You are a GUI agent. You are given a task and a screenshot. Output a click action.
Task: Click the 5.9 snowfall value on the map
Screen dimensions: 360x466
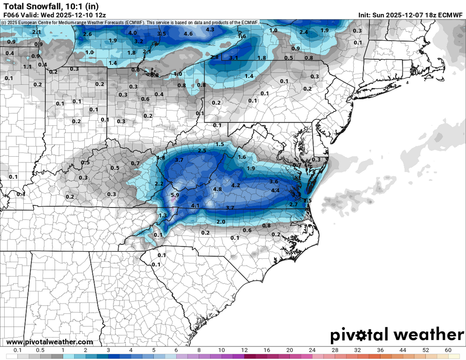tap(175, 195)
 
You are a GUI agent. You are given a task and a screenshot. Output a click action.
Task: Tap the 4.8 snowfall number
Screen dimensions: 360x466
tap(217, 189)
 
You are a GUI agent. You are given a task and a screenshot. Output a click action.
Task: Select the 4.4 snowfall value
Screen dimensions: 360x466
tap(275, 190)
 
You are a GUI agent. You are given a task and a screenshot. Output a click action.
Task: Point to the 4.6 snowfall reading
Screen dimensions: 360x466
tap(188, 34)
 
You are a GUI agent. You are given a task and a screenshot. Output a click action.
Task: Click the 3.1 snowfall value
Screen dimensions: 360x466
tap(234, 58)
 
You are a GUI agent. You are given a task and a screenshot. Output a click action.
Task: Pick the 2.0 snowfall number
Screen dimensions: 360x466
tap(221, 222)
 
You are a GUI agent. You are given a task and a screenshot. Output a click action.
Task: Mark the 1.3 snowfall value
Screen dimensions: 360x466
tap(163, 215)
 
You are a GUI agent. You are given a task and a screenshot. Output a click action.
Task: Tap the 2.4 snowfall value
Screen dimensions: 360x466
tap(304, 32)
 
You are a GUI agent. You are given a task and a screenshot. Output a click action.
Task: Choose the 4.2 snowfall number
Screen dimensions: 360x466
tap(236, 185)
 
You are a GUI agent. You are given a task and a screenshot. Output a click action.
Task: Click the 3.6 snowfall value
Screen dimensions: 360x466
tap(274, 181)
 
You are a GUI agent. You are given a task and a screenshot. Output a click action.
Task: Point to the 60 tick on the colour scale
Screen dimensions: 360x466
tap(448, 350)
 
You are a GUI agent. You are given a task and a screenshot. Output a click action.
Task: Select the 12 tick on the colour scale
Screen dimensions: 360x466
tap(244, 350)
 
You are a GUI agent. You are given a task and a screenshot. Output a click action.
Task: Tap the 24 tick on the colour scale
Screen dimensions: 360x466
tap(312, 350)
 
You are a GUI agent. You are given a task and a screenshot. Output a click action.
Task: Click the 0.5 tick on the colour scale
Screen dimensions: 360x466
tap(41, 350)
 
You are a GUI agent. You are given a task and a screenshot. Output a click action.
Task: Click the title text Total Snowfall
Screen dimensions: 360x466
tap(32, 6)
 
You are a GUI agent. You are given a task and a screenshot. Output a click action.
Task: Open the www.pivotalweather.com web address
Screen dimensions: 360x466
tap(50, 342)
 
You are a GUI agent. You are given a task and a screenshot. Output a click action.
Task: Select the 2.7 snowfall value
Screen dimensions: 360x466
tap(294, 204)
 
